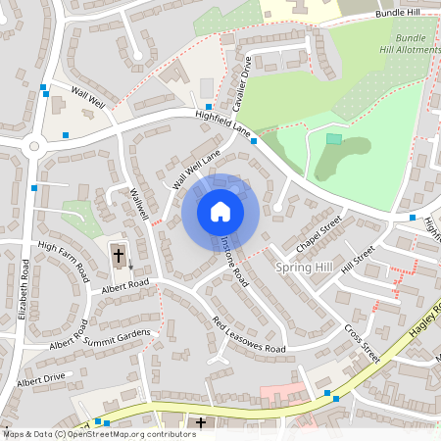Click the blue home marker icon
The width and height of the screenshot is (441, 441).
click(220, 212)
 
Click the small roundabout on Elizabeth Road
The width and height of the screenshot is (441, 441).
click(35, 147)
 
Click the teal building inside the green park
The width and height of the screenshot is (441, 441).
click(334, 139)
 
